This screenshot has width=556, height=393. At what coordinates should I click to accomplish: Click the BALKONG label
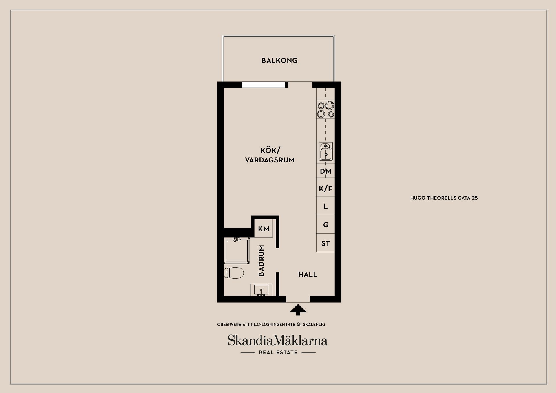(x=279, y=61)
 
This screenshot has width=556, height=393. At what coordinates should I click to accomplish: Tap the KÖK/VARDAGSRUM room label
(x=270, y=155)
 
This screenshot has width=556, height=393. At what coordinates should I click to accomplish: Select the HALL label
(x=308, y=274)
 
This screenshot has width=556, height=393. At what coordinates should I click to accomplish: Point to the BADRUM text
(x=261, y=261)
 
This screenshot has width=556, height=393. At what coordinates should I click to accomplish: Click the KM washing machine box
(x=264, y=228)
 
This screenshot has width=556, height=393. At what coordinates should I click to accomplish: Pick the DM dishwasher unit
(x=325, y=171)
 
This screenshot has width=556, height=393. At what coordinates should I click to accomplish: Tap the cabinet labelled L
(x=325, y=206)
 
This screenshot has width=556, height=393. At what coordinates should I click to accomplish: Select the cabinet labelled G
(x=325, y=224)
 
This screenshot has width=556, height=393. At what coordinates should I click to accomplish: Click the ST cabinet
(x=325, y=243)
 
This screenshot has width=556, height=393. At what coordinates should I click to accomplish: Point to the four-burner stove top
(x=325, y=109)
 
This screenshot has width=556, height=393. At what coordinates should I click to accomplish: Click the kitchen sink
(x=326, y=151)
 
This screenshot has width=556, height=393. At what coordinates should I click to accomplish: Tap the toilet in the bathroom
(x=233, y=273)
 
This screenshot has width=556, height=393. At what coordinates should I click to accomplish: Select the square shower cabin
(x=237, y=251)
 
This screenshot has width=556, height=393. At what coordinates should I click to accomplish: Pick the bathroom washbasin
(x=261, y=290)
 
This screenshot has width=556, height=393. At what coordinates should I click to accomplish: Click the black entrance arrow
(x=298, y=310)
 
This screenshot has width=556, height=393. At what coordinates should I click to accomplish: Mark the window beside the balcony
(x=264, y=85)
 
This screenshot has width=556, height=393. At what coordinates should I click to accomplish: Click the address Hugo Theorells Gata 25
(x=444, y=198)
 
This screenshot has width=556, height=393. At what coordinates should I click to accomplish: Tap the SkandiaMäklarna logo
(x=277, y=340)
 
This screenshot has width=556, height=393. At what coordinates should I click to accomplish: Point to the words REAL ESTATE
(x=278, y=352)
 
